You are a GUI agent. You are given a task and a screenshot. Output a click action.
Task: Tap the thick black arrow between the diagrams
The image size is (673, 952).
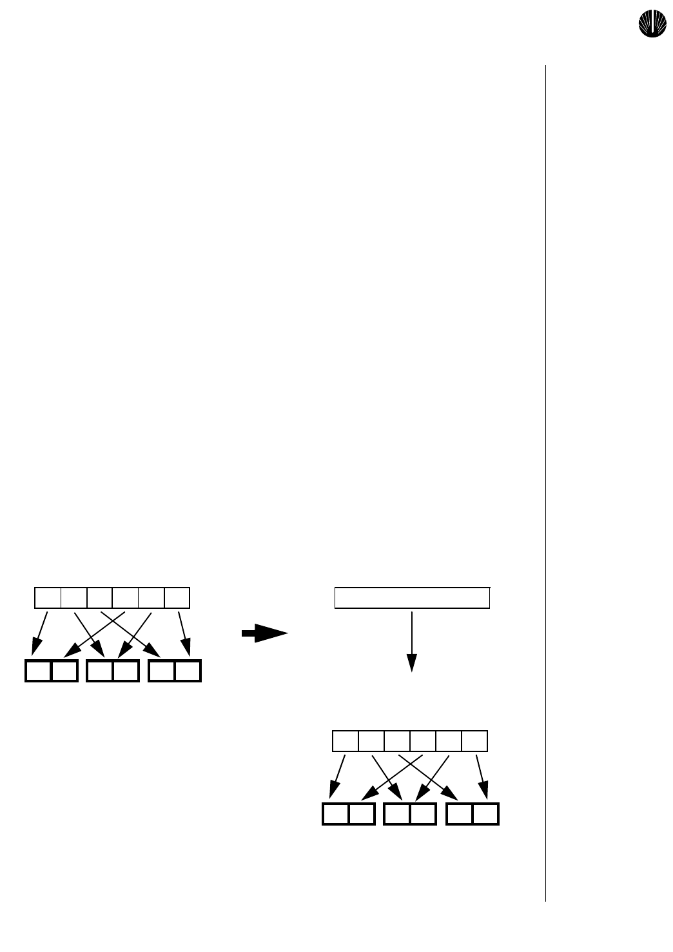pos(264,633)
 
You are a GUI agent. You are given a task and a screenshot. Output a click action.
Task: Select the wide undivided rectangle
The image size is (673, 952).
pos(412,598)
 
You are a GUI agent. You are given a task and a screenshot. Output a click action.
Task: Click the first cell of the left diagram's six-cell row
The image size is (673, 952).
pos(48,598)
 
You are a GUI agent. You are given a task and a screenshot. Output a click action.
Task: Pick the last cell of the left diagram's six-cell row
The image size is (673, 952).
pos(177,598)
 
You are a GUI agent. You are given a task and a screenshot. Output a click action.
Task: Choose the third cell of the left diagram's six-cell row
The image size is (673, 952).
pos(100,598)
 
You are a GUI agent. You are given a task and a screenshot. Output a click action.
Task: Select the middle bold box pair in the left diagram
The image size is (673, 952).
pos(113,671)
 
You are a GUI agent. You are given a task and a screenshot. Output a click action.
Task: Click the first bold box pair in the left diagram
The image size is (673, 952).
pos(52,671)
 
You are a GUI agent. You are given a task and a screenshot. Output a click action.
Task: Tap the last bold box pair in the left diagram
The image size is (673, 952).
pos(175,671)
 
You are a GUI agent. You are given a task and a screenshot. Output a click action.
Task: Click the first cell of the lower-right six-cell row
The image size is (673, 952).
pos(346,741)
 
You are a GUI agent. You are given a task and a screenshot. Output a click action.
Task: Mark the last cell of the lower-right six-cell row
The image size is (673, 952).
pos(475,741)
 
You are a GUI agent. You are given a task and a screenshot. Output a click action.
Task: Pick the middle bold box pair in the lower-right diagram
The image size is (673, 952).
pos(410,814)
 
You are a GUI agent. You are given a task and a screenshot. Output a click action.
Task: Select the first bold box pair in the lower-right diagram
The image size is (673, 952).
pos(349,814)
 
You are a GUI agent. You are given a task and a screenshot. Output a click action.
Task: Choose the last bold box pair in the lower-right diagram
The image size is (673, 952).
pos(473,814)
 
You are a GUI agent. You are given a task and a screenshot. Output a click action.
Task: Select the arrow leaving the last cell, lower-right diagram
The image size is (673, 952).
pos(481,777)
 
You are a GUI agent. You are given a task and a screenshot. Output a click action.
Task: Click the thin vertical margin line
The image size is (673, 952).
pos(545,484)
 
